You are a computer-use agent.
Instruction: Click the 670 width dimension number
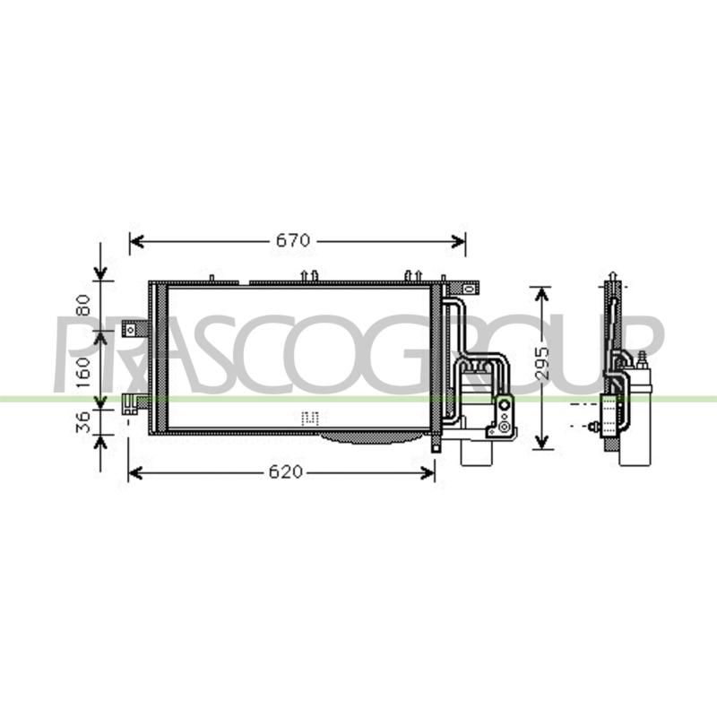(293, 240)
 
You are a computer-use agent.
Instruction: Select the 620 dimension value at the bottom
(286, 472)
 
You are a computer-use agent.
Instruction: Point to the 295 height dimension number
(542, 364)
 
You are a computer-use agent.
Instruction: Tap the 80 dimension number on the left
(82, 305)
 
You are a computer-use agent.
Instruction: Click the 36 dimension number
(82, 421)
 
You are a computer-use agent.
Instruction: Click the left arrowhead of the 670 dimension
(137, 241)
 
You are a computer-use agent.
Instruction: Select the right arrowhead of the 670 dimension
(458, 241)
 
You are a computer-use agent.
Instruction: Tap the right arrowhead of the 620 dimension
(428, 473)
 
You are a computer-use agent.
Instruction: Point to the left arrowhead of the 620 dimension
(135, 473)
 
